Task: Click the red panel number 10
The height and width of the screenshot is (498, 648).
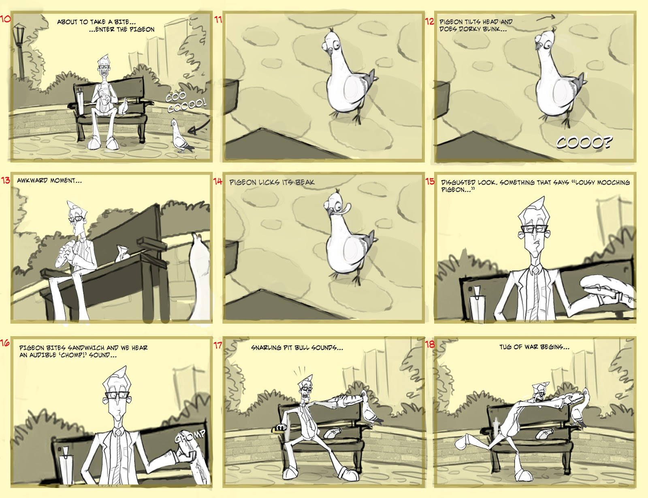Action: click(x=5, y=19)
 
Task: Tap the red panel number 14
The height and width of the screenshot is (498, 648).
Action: click(x=218, y=181)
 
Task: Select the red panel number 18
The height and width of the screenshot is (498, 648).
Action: click(x=429, y=344)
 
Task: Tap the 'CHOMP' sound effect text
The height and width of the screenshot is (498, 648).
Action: click(x=190, y=436)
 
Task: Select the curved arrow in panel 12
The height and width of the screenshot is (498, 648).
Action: click(x=546, y=18)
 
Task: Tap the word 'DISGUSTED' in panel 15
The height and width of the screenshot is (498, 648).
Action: click(x=458, y=182)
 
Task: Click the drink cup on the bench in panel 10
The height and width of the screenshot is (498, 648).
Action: click(x=80, y=100)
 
